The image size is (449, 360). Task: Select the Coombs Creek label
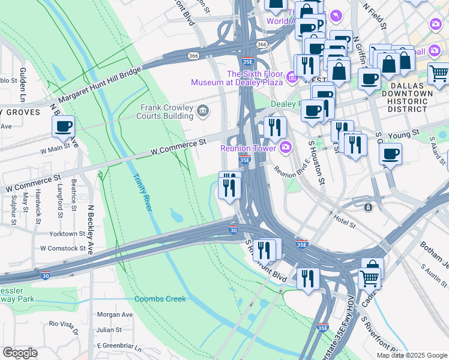point(160,299)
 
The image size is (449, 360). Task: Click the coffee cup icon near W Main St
point(63,126)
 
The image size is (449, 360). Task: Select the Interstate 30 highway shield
point(234,229)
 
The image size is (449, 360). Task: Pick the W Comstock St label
point(62,248)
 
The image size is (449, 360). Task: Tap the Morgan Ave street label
point(115,314)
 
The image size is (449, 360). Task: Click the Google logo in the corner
point(20,353)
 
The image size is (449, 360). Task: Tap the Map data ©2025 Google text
point(412,355)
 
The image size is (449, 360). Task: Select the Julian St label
point(110,329)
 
